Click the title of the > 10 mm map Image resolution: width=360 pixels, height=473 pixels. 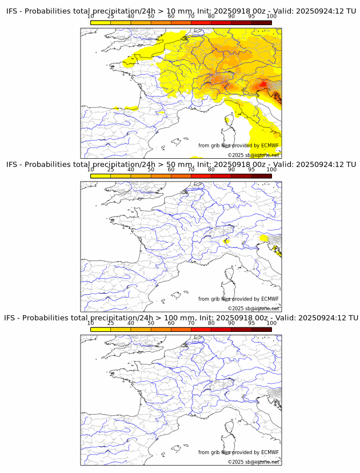click(181, 11)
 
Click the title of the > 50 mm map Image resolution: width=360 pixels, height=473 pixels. click(181, 165)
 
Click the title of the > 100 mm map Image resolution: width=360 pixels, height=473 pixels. click(181, 318)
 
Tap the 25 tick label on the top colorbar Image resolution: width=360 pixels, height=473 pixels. click(111, 17)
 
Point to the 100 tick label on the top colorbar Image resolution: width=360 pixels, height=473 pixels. click(271, 17)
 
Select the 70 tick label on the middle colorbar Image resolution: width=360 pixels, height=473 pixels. click(191, 170)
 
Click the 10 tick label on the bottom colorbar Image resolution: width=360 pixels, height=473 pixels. click(91, 323)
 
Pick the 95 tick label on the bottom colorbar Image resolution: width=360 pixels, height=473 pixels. click(251, 323)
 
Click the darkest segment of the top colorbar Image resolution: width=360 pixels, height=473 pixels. click(261, 22)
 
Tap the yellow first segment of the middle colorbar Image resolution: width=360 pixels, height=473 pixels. click(101, 176)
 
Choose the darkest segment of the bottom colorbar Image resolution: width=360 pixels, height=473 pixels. click(261, 329)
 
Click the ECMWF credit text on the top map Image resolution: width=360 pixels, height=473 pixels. click(238, 146)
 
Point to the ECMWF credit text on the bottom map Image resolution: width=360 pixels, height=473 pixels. click(238, 452)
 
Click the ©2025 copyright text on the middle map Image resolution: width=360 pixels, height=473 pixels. click(253, 308)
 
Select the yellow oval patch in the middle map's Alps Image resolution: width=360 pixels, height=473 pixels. click(263, 238)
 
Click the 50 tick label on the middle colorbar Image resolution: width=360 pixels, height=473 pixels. click(151, 170)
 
